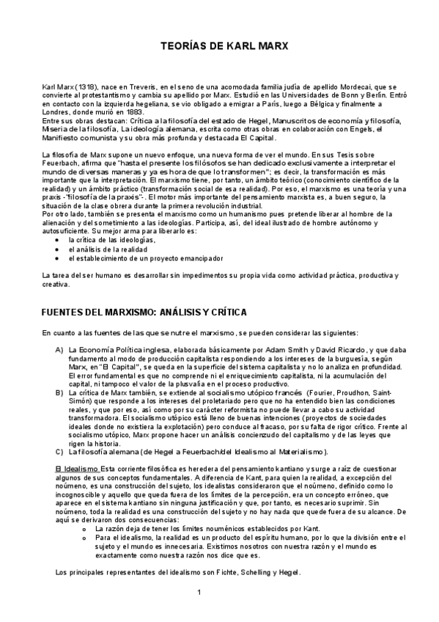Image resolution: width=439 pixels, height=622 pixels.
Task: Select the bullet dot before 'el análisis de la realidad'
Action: (56, 249)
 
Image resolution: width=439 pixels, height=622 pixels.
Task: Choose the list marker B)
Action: (59, 392)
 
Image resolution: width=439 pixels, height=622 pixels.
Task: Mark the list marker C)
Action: (59, 451)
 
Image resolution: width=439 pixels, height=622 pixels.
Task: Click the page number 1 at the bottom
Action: (199, 593)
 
